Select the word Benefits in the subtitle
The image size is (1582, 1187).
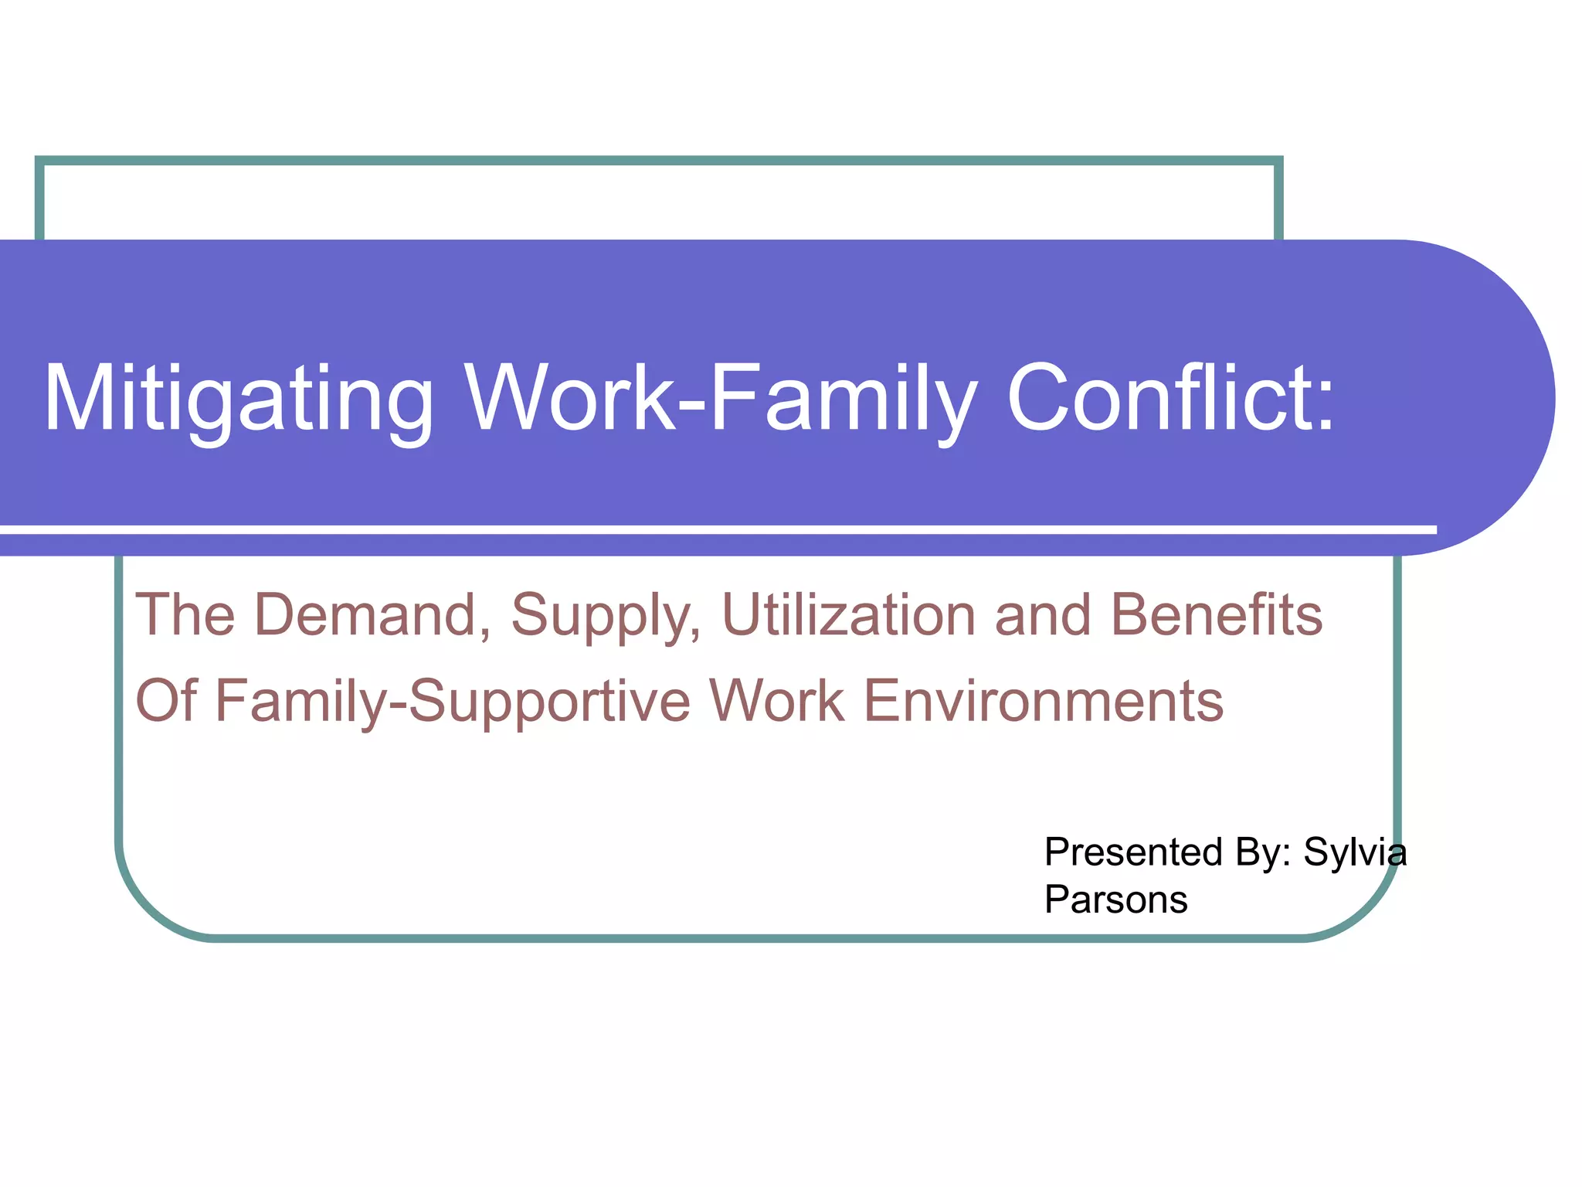[1216, 615]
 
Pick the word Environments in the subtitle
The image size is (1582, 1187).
[1043, 701]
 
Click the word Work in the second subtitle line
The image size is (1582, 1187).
[776, 701]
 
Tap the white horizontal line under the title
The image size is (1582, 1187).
[695, 529]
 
